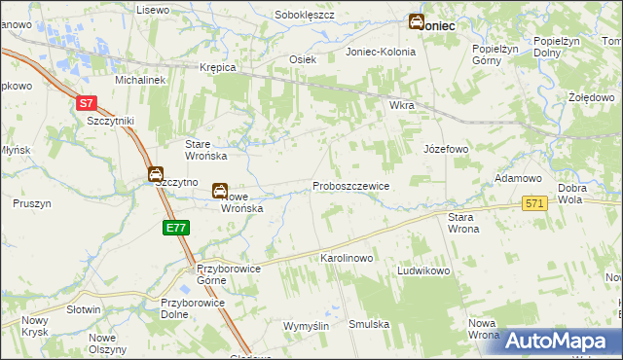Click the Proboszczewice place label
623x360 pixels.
[350, 185]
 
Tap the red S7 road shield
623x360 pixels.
[87, 102]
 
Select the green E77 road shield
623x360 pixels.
[176, 228]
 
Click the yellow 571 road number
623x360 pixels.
[534, 203]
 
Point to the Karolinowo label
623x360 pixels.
[348, 259]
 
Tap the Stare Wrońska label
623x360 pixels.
[206, 150]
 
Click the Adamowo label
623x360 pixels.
[518, 179]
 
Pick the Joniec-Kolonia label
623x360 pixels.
[382, 52]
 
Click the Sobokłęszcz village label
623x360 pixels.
[305, 16]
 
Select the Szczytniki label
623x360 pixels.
[110, 120]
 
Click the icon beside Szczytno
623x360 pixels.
[156, 174]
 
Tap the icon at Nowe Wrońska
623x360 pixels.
[222, 192]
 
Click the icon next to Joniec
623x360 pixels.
[416, 21]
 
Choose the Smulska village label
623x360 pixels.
[369, 324]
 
